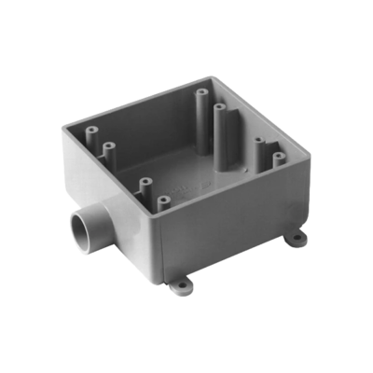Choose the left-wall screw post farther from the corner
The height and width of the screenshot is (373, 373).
click(110, 147)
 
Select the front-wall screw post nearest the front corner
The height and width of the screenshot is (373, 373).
click(163, 200)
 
